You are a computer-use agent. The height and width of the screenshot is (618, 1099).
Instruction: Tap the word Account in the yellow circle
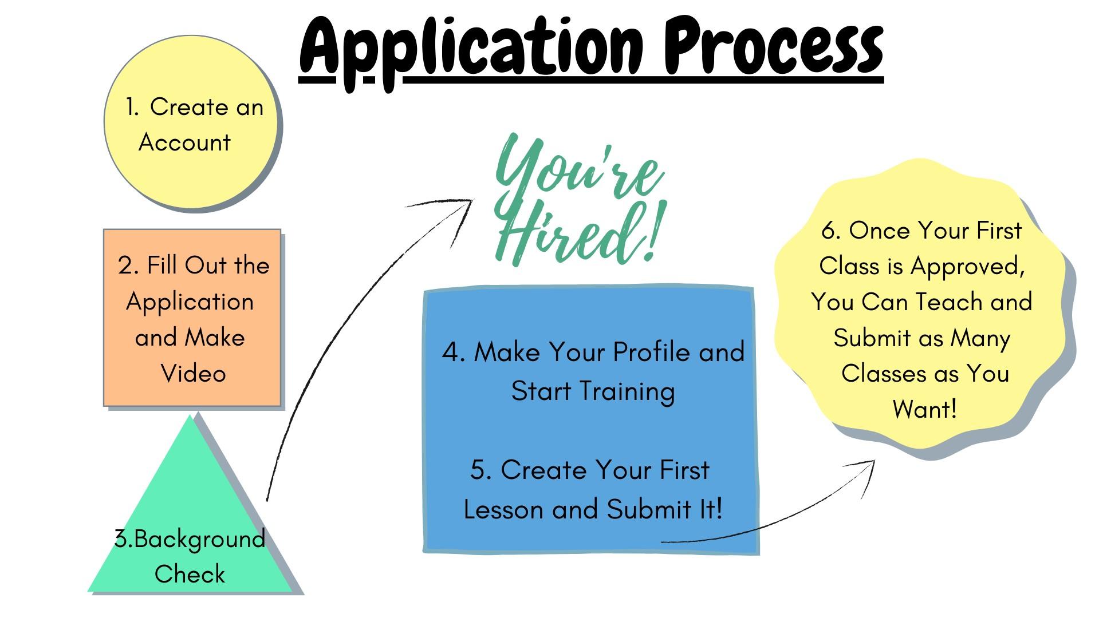184,142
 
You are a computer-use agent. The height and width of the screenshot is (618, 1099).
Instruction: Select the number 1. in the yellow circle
132,107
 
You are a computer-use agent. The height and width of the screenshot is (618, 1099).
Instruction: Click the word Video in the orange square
194,373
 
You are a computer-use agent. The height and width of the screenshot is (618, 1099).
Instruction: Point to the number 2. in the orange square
129,266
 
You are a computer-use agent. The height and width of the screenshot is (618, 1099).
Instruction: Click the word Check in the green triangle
190,574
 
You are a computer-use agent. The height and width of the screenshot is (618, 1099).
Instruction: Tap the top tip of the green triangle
190,415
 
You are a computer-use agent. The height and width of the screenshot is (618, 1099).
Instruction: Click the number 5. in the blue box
480,470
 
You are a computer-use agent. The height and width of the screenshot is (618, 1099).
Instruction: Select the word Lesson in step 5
503,509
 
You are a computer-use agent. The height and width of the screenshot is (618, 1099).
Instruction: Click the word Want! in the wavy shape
924,409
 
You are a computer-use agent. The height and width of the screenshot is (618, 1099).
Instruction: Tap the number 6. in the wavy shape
831,231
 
